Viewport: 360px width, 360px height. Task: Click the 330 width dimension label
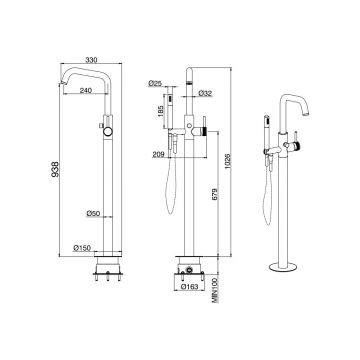91,60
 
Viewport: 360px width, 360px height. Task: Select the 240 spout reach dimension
85,90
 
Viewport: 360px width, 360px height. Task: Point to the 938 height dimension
55,169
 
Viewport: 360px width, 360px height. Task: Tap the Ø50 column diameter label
93,213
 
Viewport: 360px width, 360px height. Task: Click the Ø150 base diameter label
82,248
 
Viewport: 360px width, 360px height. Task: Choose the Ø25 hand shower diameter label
155,83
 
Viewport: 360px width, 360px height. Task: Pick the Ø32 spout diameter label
205,93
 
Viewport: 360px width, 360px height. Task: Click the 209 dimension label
158,154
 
